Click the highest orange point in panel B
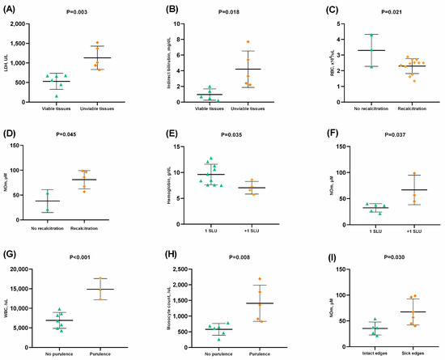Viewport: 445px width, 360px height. point(248,41)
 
